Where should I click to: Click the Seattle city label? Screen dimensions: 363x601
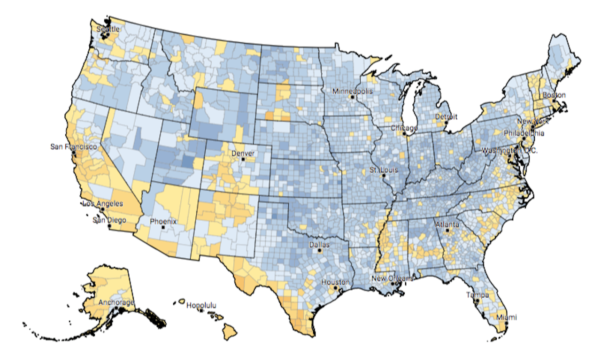click(108, 29)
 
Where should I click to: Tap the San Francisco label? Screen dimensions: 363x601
click(74, 147)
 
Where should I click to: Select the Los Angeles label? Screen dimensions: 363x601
click(102, 204)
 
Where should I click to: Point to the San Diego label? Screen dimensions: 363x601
click(109, 220)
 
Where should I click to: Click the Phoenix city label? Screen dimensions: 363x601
click(163, 221)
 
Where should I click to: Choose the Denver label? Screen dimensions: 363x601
click(243, 154)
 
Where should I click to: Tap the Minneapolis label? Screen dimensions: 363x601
click(352, 91)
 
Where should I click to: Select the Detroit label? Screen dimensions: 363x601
click(446, 116)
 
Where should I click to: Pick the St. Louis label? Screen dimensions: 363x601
click(383, 170)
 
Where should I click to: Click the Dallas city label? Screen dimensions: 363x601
click(319, 245)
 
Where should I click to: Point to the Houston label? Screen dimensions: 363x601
click(335, 282)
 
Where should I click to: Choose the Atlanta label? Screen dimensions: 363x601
click(447, 224)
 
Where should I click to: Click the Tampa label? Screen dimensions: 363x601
click(477, 295)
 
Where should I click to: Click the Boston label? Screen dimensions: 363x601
click(554, 95)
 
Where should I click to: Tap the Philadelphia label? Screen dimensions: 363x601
click(524, 133)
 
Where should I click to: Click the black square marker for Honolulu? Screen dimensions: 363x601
click(201, 311)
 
